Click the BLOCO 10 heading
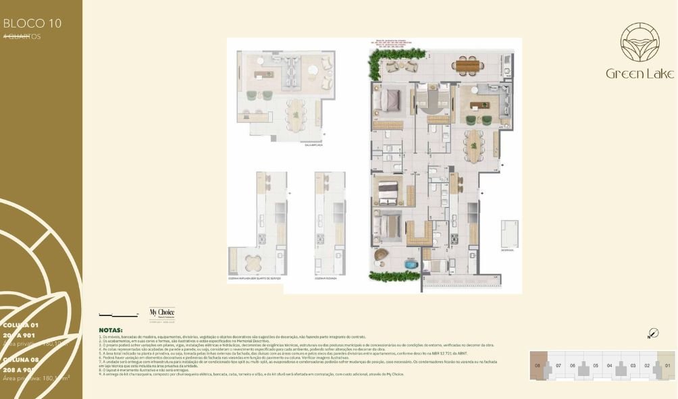pyautogui.click(x=32, y=23)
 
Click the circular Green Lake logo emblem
pyautogui.click(x=640, y=42)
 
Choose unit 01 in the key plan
pyautogui.click(x=667, y=365)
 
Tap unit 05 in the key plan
pyautogui.click(x=596, y=365)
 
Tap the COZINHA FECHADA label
pyautogui.click(x=326, y=277)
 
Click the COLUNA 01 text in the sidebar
pyautogui.click(x=21, y=325)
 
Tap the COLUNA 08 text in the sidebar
pyautogui.click(x=21, y=361)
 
